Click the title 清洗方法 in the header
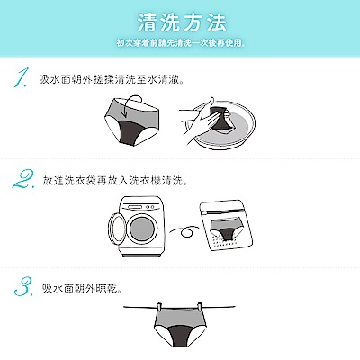click(x=182, y=22)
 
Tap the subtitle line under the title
click(x=181, y=43)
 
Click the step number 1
click(x=22, y=78)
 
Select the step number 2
click(x=23, y=179)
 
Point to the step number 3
click(x=23, y=286)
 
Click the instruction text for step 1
click(x=112, y=80)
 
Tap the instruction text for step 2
click(x=115, y=181)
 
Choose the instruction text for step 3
click(x=82, y=289)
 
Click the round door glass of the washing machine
click(x=143, y=229)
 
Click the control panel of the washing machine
click(x=140, y=207)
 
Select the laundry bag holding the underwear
click(x=226, y=226)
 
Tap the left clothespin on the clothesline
click(x=158, y=308)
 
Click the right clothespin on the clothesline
click(x=199, y=308)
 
